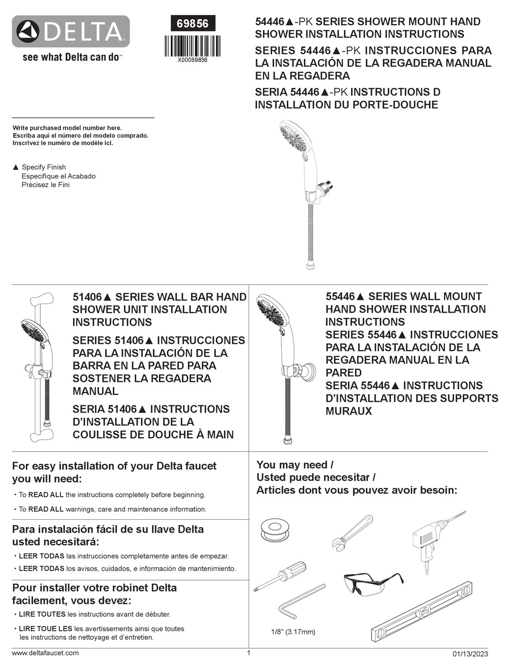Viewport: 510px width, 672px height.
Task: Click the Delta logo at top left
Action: pyautogui.click(x=70, y=32)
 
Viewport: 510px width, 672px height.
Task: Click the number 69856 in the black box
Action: pyautogui.click(x=193, y=24)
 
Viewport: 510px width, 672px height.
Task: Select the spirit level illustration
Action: pyautogui.click(x=422, y=611)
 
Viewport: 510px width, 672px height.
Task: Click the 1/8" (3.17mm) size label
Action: pyautogui.click(x=293, y=632)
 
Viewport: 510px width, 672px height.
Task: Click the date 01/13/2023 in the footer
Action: pyautogui.click(x=470, y=654)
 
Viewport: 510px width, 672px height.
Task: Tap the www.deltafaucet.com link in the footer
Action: pyautogui.click(x=45, y=653)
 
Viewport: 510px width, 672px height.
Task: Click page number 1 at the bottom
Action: pyautogui.click(x=249, y=653)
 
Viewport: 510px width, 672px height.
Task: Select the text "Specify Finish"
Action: pyautogui.click(x=43, y=167)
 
